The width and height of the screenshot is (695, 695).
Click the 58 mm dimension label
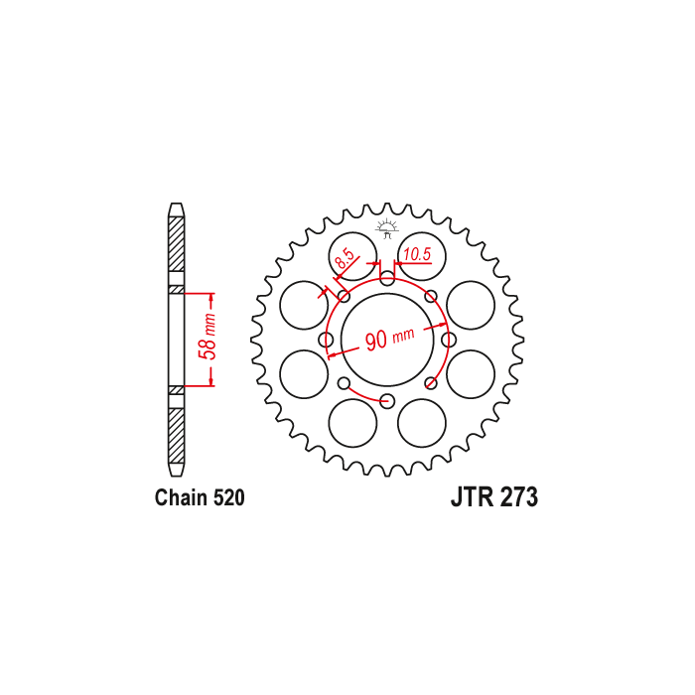208,337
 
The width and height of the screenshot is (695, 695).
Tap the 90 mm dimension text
389,339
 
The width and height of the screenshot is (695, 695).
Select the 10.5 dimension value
417,254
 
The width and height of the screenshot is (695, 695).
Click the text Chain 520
200,497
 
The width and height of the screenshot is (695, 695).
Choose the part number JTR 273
494,496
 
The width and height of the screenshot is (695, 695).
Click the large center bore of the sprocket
387,340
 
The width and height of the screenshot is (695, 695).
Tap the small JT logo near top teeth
387,228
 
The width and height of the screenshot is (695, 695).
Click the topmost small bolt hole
387,279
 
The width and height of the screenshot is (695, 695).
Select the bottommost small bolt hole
387,401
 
